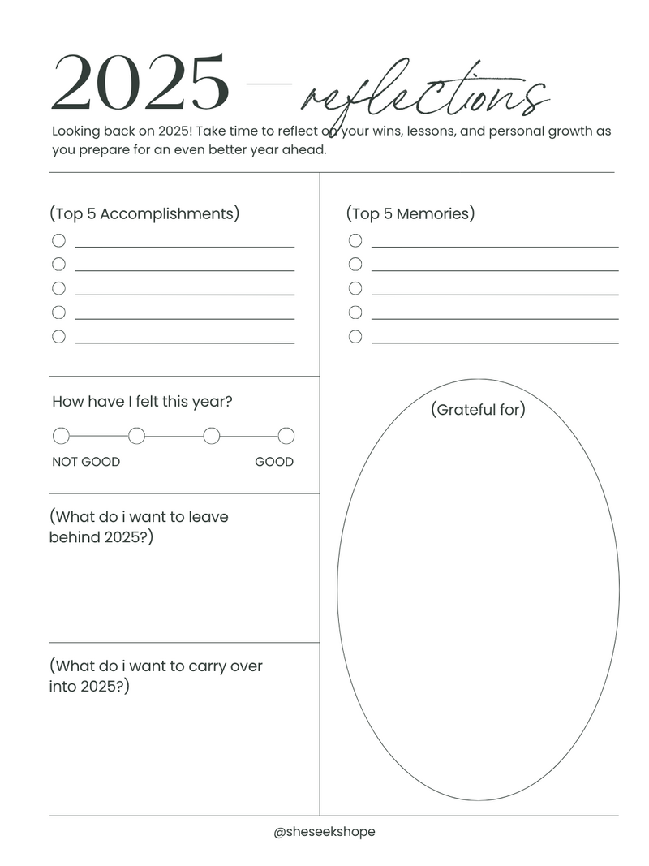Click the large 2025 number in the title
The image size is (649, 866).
coord(140,84)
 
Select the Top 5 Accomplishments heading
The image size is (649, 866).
coord(144,213)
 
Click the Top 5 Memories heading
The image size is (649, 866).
coord(410,213)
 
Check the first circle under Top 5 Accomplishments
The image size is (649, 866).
coord(58,240)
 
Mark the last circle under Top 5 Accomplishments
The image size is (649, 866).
coord(58,337)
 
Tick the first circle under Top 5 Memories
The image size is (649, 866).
coord(355,240)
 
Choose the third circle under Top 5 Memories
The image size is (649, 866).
coord(355,288)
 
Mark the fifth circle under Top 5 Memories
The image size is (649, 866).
coord(355,337)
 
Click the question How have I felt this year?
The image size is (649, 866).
coord(142,402)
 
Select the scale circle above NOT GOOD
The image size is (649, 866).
coord(61,436)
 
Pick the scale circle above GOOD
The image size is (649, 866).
coord(286,436)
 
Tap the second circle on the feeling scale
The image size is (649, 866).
coord(136,436)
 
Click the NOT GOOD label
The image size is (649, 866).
coord(86,462)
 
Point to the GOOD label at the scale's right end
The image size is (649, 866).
coord(274,462)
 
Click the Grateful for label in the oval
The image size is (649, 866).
coord(478,410)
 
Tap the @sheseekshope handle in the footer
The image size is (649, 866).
coord(324,832)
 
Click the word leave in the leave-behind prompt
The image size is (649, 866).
coord(209,516)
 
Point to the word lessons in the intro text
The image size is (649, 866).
coord(436,131)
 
